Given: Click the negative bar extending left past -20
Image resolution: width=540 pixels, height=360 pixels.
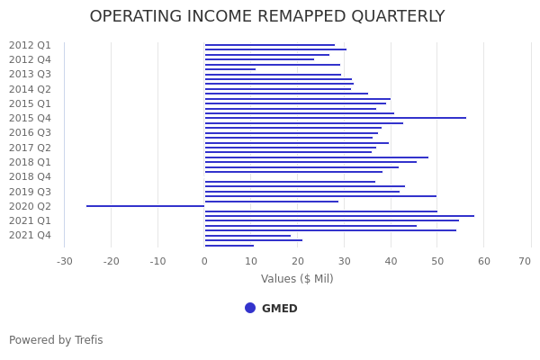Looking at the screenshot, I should [x=144, y=206].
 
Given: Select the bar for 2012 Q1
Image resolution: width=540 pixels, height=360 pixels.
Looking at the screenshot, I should [x=270, y=45].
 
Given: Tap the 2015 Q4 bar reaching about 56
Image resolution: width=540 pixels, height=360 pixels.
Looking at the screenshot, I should [x=335, y=118].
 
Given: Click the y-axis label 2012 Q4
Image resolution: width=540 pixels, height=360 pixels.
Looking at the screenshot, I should [x=30, y=59].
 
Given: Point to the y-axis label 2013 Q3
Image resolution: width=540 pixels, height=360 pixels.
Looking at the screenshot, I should [x=30, y=74].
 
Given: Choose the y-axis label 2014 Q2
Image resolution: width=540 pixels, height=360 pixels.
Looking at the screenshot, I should [x=30, y=89].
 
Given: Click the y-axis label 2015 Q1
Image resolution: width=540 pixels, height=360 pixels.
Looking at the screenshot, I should [x=30, y=103].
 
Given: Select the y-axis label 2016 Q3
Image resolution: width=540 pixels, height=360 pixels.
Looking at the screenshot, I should [x=30, y=132].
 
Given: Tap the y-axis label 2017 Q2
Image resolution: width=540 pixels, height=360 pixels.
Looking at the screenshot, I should [x=30, y=148].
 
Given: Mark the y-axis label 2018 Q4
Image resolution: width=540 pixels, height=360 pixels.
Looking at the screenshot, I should [x=30, y=176].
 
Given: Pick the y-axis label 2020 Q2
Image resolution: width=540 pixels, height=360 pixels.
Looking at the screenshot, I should [x=30, y=206].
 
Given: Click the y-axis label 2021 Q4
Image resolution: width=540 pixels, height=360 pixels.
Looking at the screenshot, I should [x=30, y=235].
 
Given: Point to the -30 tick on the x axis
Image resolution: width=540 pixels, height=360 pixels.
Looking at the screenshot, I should [x=65, y=262].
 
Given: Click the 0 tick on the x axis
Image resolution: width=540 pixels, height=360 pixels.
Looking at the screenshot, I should [x=204, y=262].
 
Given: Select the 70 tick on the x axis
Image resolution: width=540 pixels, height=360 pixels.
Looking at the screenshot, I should [x=525, y=262].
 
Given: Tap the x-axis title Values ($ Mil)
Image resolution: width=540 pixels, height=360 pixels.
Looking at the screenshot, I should [x=297, y=279].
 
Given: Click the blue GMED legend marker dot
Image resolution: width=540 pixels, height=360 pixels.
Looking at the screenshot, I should [x=250, y=308].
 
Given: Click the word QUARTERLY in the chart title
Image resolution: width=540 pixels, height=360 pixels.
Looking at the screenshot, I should [x=392, y=17].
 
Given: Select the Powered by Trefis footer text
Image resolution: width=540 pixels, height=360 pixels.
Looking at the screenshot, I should [x=56, y=340].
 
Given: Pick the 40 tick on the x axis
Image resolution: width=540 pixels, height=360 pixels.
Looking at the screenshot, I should [x=391, y=262].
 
